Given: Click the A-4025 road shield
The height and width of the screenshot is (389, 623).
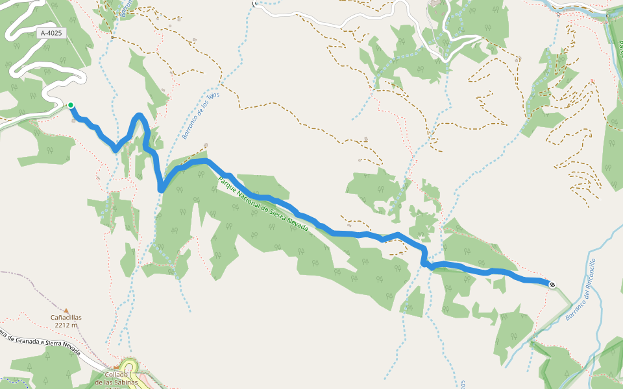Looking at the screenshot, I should [x=51, y=32].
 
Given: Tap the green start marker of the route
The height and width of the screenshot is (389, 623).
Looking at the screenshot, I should [x=70, y=105].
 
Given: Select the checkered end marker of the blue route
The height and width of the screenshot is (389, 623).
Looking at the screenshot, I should [x=552, y=284].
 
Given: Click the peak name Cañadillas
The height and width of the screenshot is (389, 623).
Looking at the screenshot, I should [x=66, y=318].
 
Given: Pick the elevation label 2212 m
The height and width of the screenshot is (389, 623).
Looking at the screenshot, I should [x=66, y=325].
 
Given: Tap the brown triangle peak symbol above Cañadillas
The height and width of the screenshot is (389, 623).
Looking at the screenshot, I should [x=66, y=310].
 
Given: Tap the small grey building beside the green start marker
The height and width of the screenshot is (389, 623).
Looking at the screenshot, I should [x=71, y=119].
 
